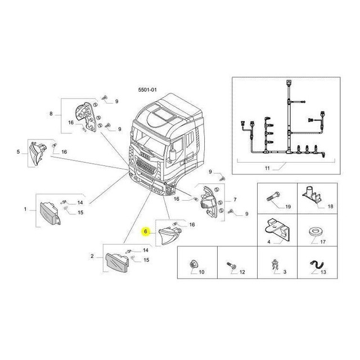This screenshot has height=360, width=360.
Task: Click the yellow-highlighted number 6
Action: click(x=146, y=231)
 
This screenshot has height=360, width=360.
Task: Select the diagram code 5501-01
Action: click(x=147, y=90)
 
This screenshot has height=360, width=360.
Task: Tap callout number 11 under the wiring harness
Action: click(x=267, y=168)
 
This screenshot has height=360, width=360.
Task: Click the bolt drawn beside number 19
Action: click(x=273, y=197)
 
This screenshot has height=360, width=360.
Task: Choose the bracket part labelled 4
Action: click(x=277, y=229)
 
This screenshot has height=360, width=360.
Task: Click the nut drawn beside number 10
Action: click(x=192, y=264)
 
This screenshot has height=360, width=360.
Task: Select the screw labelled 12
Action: click(x=231, y=265)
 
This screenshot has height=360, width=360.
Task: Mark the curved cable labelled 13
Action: click(x=317, y=265)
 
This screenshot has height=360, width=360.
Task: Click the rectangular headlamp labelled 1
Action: click(x=50, y=214)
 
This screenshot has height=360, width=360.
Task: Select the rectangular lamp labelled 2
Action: click(x=117, y=263)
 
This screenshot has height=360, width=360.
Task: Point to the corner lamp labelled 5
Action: click(x=37, y=153)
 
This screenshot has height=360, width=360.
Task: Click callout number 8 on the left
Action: click(x=51, y=114)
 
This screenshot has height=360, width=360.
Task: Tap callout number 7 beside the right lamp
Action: click(x=235, y=200)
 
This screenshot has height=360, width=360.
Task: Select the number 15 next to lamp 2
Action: click(x=146, y=260)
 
